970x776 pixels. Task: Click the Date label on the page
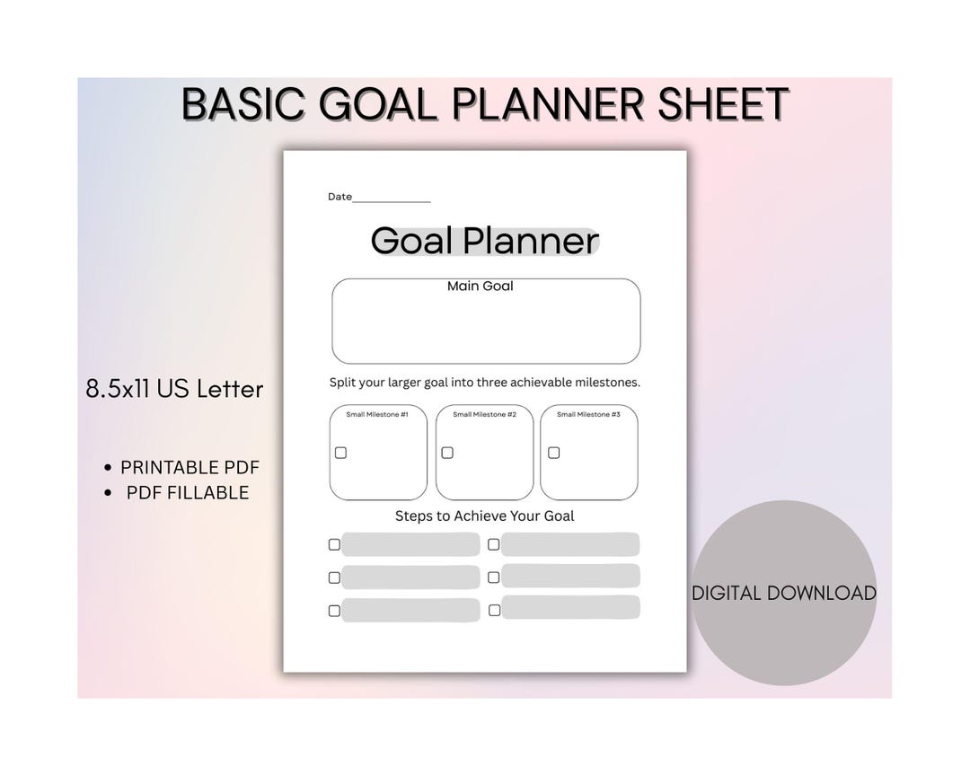click(339, 197)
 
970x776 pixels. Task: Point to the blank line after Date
click(392, 200)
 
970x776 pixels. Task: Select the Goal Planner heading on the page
click(484, 241)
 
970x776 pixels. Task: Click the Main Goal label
click(481, 286)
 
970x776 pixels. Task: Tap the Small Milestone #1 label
click(377, 414)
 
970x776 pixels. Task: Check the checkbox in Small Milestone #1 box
click(340, 453)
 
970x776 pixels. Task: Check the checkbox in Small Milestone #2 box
click(447, 453)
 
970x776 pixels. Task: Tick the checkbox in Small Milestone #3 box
click(553, 453)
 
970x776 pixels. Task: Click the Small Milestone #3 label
click(588, 414)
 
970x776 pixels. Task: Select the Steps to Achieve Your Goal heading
click(484, 516)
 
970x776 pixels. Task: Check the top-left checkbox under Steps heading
click(334, 544)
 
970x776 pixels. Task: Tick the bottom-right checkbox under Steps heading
click(494, 610)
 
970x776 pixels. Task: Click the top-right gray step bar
click(570, 544)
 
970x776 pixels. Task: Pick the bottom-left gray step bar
click(410, 611)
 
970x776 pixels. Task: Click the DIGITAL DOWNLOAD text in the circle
click(783, 593)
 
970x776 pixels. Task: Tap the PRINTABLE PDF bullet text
click(190, 467)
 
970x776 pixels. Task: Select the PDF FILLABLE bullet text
click(188, 492)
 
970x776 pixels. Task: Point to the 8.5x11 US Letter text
click(174, 389)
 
